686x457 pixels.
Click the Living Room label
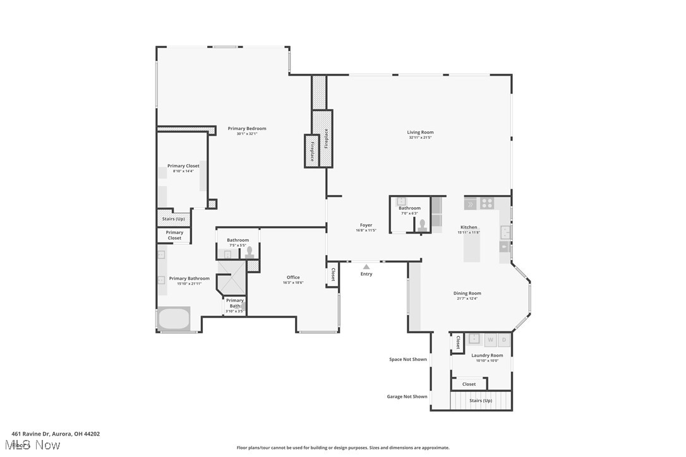pyautogui.click(x=420, y=133)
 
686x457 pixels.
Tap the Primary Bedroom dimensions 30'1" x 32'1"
pyautogui.click(x=247, y=134)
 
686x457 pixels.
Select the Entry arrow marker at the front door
pyautogui.click(x=366, y=267)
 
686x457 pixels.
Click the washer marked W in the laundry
pyautogui.click(x=490, y=340)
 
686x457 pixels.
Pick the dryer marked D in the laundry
pyautogui.click(x=503, y=340)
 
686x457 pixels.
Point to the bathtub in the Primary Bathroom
pyautogui.click(x=174, y=318)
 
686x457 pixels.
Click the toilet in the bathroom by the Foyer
pyautogui.click(x=422, y=225)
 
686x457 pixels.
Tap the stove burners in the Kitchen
pyautogui.click(x=486, y=203)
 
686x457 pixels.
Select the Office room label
pyautogui.click(x=293, y=277)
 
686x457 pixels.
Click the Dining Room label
pyautogui.click(x=467, y=293)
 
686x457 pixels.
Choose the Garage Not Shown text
pyautogui.click(x=407, y=397)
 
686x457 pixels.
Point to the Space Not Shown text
pyautogui.click(x=407, y=359)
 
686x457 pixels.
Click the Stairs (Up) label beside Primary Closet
pyautogui.click(x=173, y=219)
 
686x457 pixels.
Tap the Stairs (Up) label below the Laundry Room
pyautogui.click(x=481, y=401)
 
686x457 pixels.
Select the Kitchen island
pyautogui.click(x=471, y=245)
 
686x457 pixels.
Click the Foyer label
pyautogui.click(x=366, y=225)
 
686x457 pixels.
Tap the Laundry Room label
pyautogui.click(x=487, y=355)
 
